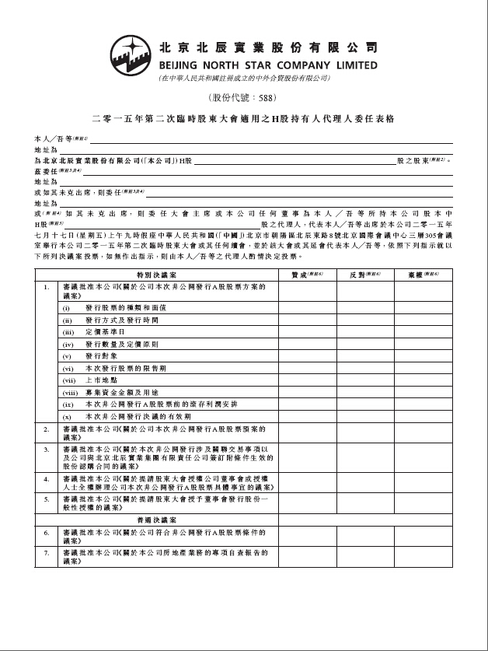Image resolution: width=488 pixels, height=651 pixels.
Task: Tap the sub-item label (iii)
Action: coord(68,331)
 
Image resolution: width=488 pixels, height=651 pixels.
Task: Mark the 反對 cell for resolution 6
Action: coord(364,536)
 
